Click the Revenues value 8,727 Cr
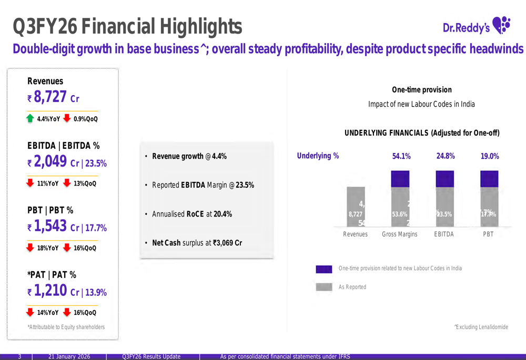click(x=51, y=97)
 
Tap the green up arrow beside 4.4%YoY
click(x=31, y=118)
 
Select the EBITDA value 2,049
click(x=50, y=162)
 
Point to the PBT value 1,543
click(x=50, y=227)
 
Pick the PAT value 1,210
click(x=50, y=291)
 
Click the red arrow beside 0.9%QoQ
click(x=67, y=118)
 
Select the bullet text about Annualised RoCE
click(x=191, y=214)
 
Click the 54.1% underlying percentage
click(x=401, y=156)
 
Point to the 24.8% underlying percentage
click(x=446, y=156)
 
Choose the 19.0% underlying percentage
click(x=490, y=156)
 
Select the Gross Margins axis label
click(x=399, y=234)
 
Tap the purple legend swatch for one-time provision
click(x=324, y=269)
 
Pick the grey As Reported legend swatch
click(x=324, y=287)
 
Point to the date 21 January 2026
click(x=69, y=356)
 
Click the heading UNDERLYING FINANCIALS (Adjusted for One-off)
click(x=422, y=133)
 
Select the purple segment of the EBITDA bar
click(x=445, y=179)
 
